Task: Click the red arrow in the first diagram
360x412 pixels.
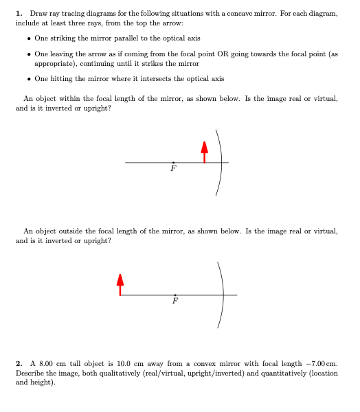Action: (x=203, y=152)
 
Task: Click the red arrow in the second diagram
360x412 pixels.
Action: (x=120, y=284)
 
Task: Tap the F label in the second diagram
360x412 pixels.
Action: (x=175, y=301)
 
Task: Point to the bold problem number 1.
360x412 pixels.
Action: (x=18, y=14)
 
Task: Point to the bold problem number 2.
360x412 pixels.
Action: (x=18, y=362)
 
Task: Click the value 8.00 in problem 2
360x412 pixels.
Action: (x=45, y=362)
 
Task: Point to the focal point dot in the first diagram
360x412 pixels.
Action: (x=173, y=162)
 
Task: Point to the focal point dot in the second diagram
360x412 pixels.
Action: (x=175, y=295)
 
